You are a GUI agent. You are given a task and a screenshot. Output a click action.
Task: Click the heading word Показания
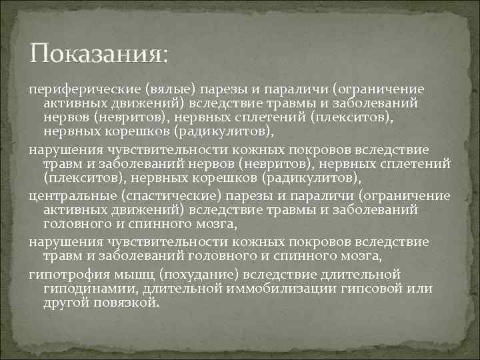(x=99, y=53)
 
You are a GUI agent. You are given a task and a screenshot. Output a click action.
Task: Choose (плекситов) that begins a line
(x=85, y=177)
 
